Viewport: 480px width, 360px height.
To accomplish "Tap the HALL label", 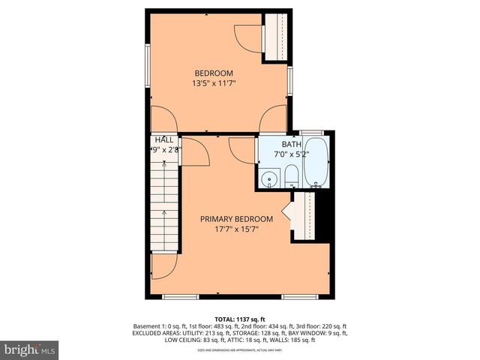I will [x=164, y=139].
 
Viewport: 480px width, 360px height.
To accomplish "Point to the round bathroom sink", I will [x=268, y=179].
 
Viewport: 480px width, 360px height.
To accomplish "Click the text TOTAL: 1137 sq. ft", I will [x=240, y=319].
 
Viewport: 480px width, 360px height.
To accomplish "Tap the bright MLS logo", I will [x=30, y=349].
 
